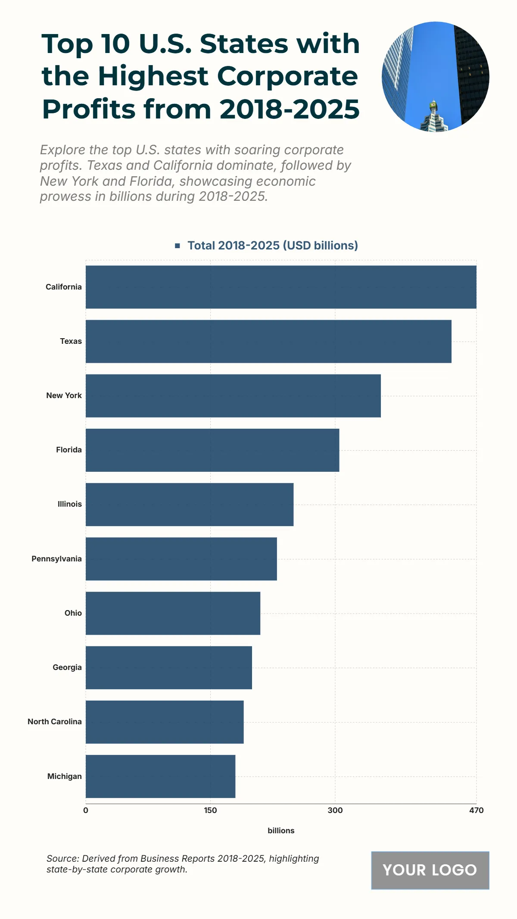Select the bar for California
pos(281,287)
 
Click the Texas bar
pos(268,341)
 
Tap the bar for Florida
pos(212,450)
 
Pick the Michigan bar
pos(160,776)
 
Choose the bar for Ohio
pos(173,613)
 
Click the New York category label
pos(64,396)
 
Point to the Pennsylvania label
pos(56,559)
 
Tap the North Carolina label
pos(55,722)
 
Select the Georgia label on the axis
pos(67,667)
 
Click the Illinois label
pos(70,504)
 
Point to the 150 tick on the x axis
pos(210,810)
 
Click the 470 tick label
pos(476,810)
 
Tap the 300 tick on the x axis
pos(335,810)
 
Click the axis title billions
pos(281,831)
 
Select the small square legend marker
pos(177,246)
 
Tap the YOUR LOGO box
pos(430,870)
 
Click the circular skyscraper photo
pos(435,77)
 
